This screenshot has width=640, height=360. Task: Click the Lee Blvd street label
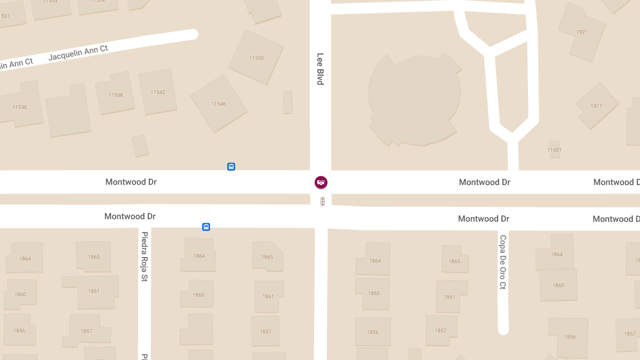[x=320, y=69]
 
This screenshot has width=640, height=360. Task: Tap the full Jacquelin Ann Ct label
[x=78, y=52]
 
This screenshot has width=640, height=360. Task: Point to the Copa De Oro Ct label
[x=502, y=262]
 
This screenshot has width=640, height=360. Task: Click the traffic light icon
[x=322, y=202]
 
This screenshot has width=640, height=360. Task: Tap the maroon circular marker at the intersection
[x=321, y=182]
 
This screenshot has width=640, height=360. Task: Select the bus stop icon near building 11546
[x=231, y=166]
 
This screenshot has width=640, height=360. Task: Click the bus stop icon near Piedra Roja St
[x=206, y=227]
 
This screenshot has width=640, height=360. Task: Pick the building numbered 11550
[x=256, y=58]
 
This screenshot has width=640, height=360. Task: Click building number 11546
[x=218, y=103]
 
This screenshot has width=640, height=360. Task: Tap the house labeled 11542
[x=157, y=92]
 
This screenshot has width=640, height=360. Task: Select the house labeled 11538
[x=115, y=94]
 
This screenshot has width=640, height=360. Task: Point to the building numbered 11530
[x=20, y=107]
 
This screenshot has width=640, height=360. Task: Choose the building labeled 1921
[x=581, y=32]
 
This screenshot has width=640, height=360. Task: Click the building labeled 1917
[x=596, y=106]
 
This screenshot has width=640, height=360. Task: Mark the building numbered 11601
[x=554, y=150]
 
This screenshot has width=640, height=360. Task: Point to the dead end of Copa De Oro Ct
[x=503, y=329]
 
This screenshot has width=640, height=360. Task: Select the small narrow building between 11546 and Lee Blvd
[x=287, y=102]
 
